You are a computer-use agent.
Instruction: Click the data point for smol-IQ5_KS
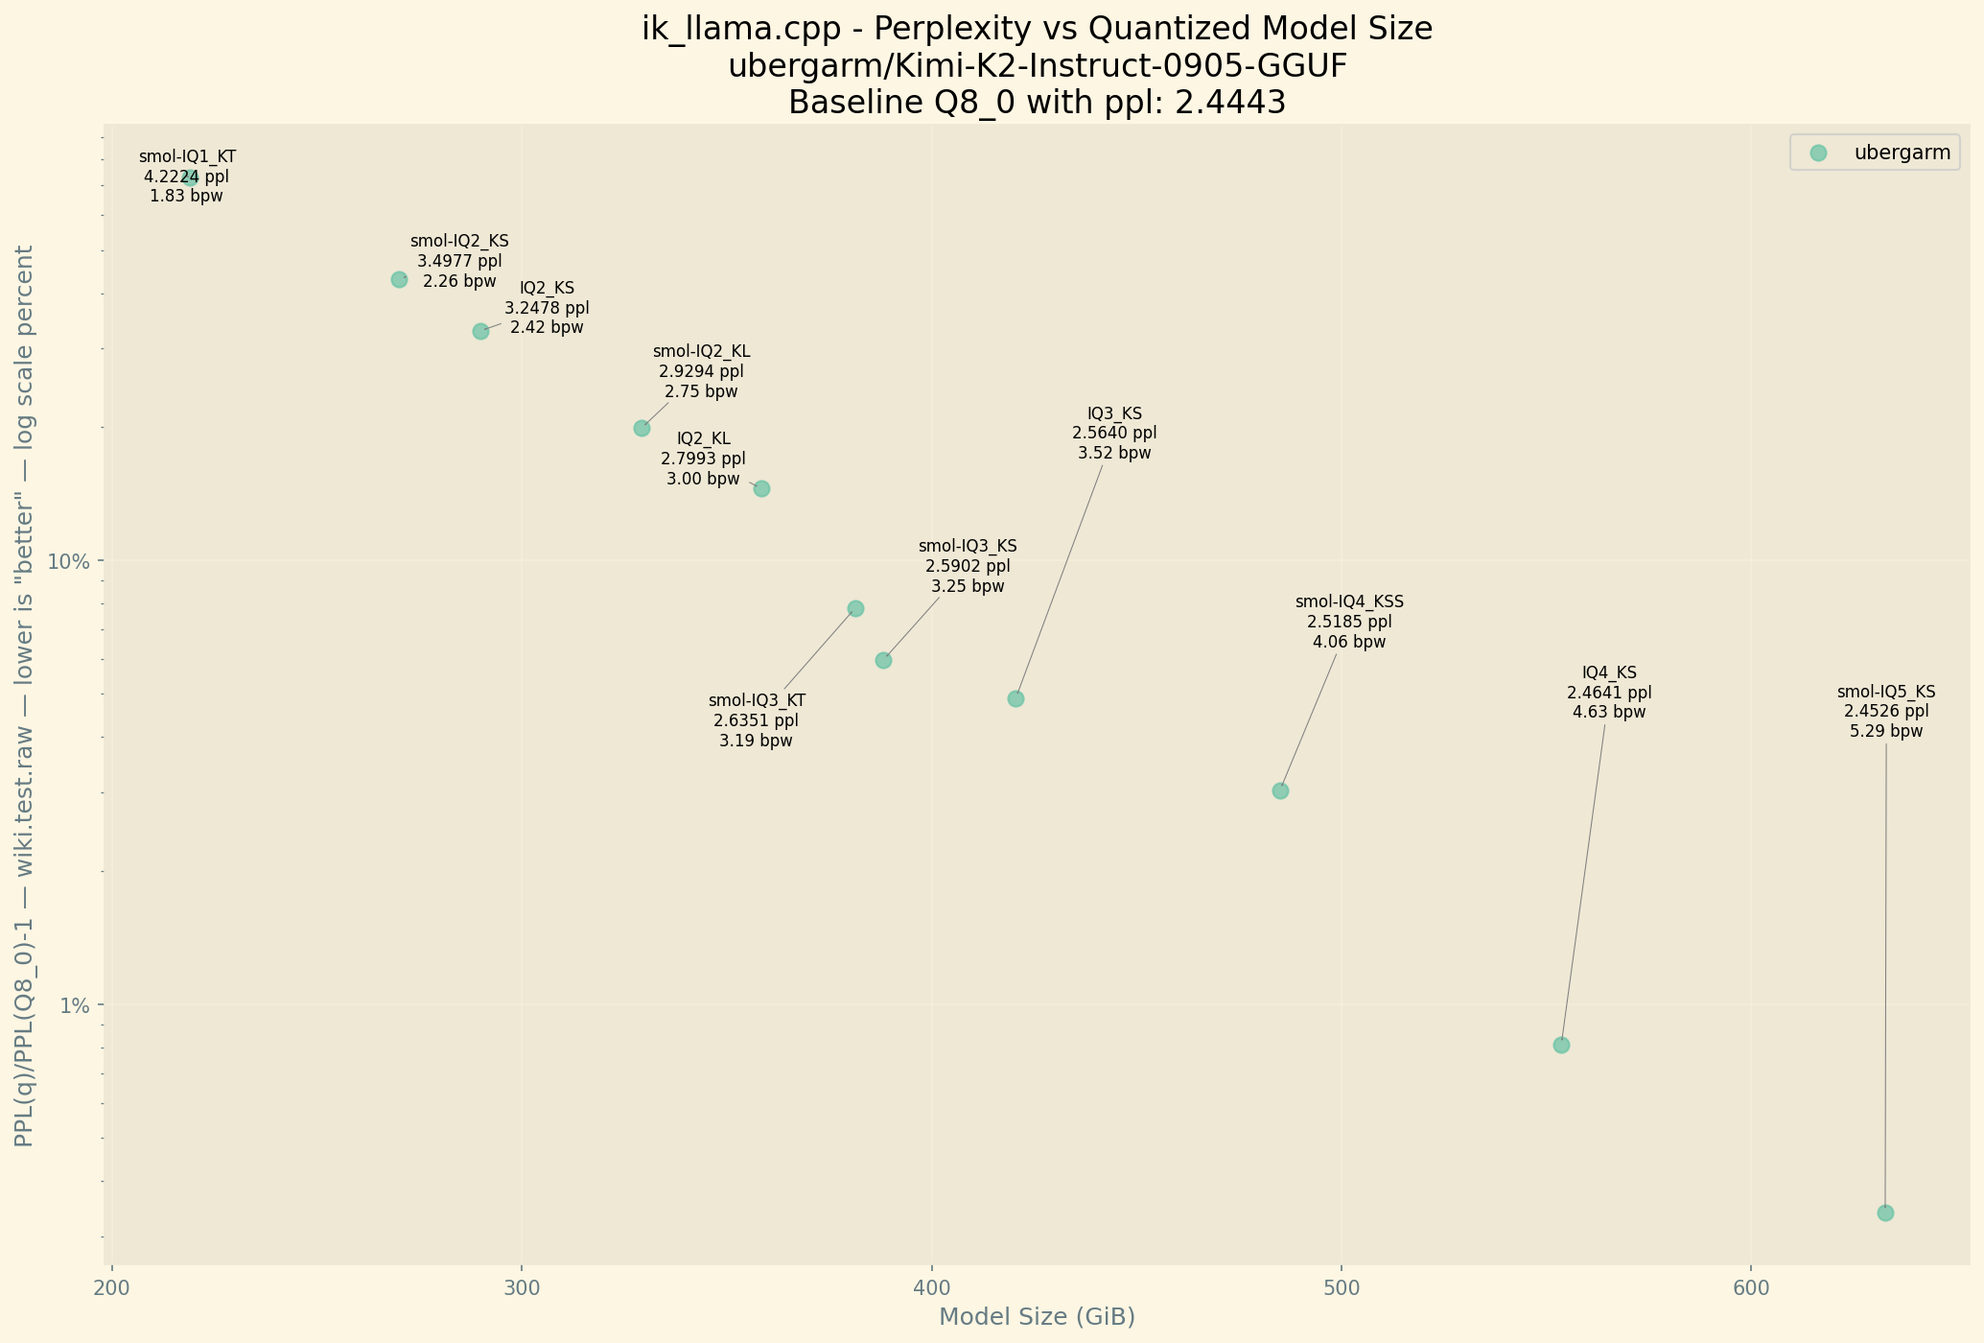point(1885,1213)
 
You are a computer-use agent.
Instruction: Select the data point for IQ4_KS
point(1561,1045)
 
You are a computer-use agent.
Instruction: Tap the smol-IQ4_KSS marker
point(1280,790)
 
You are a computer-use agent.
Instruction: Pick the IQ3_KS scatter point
point(1015,698)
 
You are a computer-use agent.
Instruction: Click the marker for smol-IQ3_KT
point(855,608)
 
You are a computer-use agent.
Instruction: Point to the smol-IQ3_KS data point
point(883,660)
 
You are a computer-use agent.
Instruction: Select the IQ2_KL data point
point(761,488)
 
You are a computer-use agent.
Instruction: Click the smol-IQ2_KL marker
point(642,428)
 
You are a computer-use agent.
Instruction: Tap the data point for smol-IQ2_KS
point(399,279)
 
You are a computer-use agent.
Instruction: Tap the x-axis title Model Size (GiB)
point(1037,1317)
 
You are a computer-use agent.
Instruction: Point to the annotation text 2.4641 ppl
point(1609,693)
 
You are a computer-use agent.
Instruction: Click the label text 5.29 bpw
point(1885,731)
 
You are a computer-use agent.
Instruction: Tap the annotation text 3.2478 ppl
point(547,308)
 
